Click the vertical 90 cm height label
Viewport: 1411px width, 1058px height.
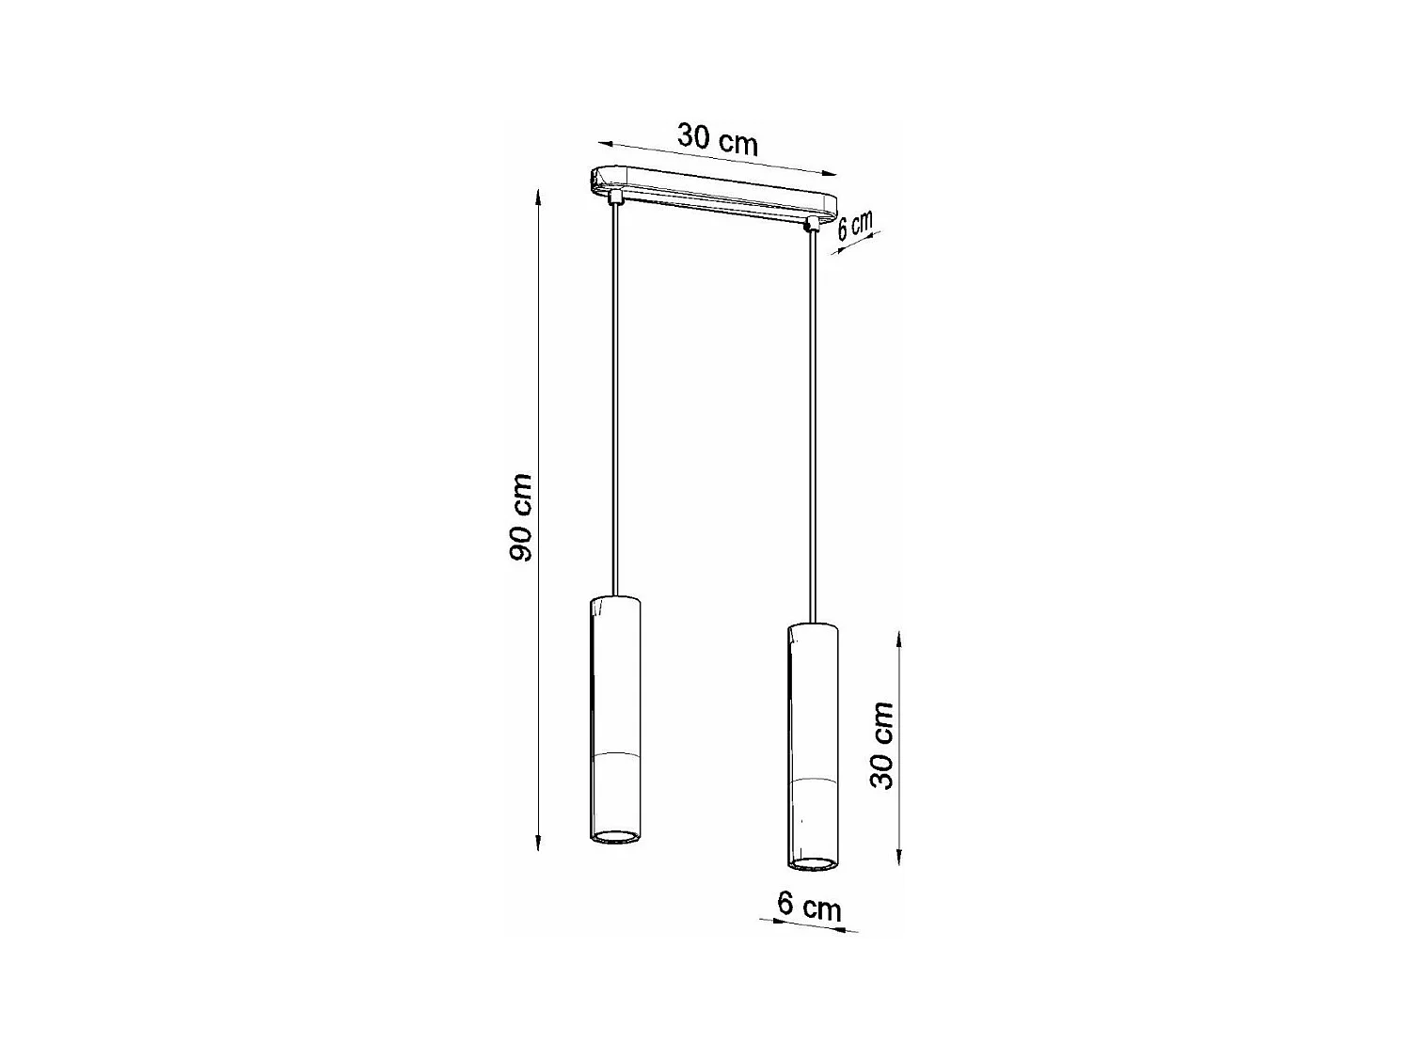click(x=520, y=518)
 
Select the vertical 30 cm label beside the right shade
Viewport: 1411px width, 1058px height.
click(x=881, y=745)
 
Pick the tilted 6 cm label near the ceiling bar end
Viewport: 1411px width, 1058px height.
click(x=854, y=227)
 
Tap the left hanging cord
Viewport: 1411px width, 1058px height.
click(x=616, y=395)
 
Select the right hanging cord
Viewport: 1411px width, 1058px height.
click(x=809, y=423)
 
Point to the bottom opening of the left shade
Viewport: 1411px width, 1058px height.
click(x=616, y=836)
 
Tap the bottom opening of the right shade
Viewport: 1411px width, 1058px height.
click(x=810, y=861)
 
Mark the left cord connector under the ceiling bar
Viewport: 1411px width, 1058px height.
click(x=615, y=197)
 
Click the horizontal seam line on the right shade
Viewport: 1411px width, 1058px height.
click(x=810, y=781)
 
